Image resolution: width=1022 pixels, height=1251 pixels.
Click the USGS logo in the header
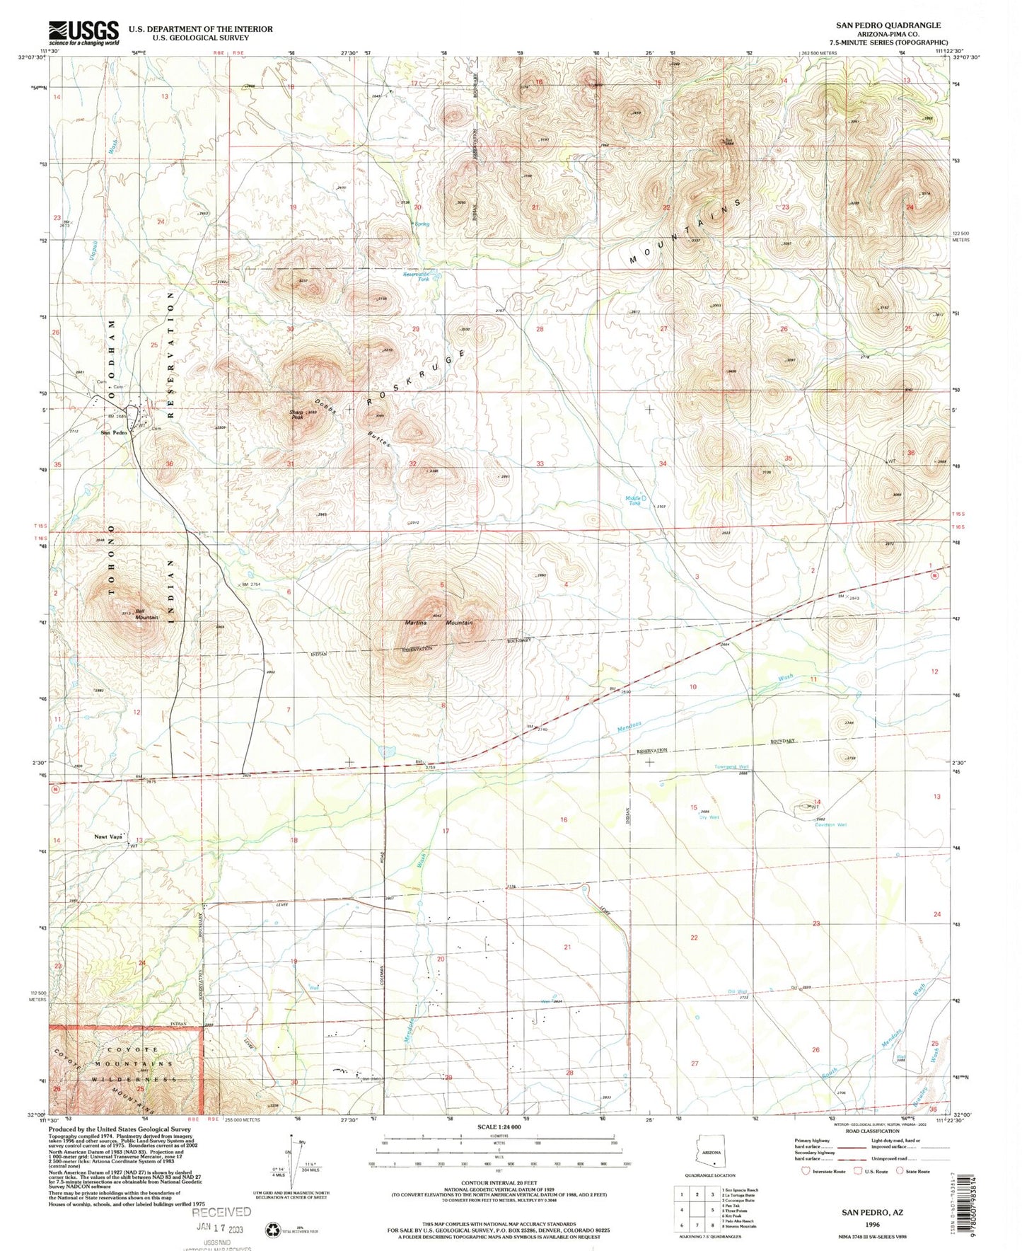[x=83, y=32]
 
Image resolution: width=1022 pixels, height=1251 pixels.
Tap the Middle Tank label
[x=634, y=500]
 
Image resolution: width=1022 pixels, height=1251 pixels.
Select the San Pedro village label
[x=113, y=432]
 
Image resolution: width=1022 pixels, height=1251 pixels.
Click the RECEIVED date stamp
[x=221, y=1213]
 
